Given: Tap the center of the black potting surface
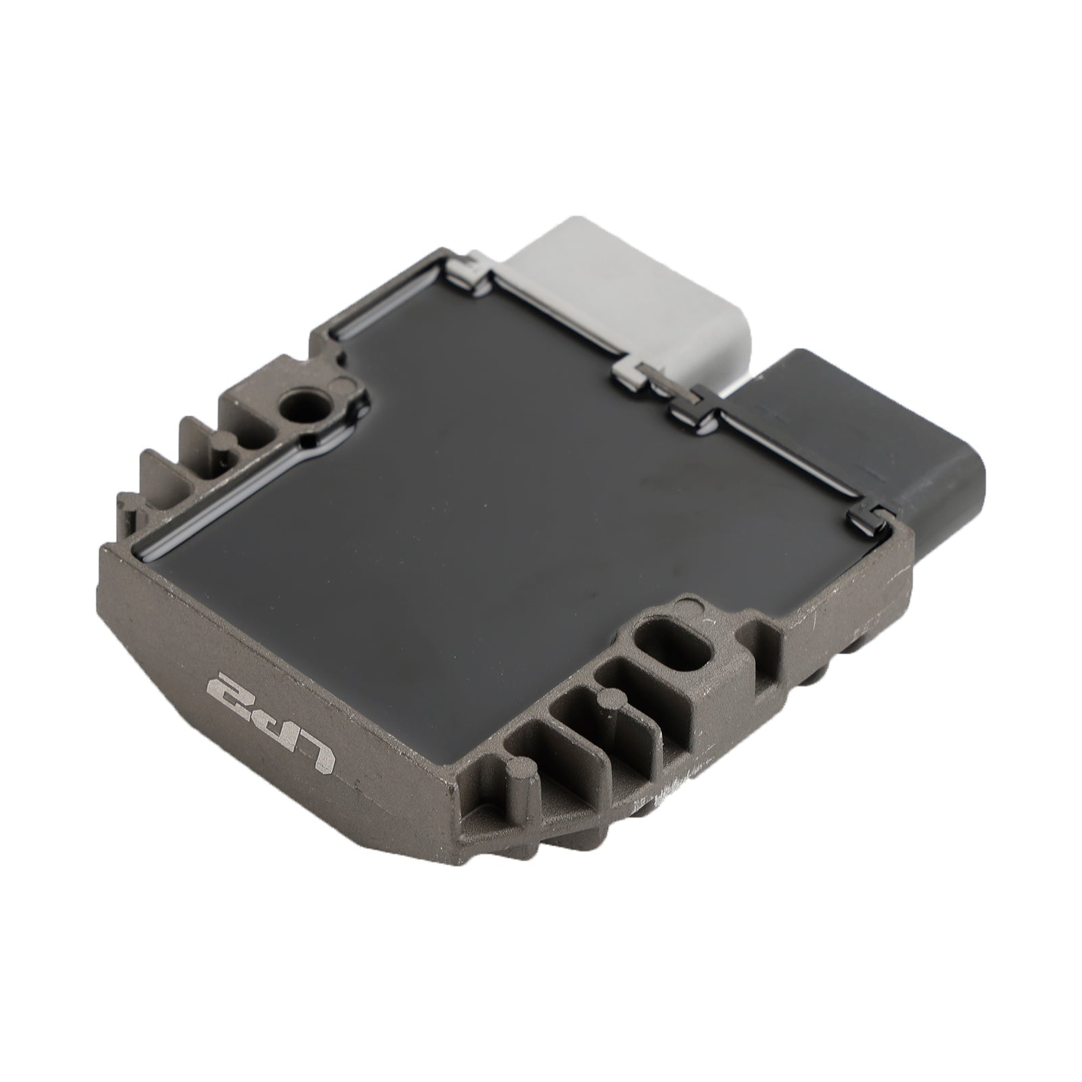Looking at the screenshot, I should pos(514,514).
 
